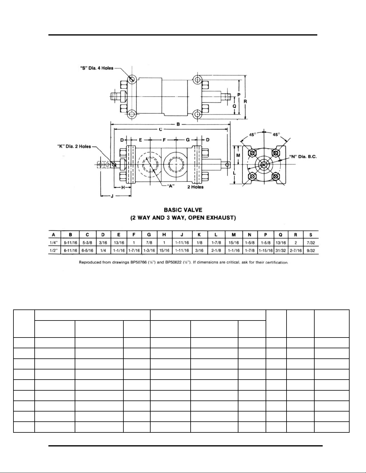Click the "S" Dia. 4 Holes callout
pyautogui.click(x=96, y=68)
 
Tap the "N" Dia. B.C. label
pyautogui.click(x=303, y=156)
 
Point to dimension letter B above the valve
pyautogui.click(x=178, y=124)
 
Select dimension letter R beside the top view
pyautogui.click(x=245, y=101)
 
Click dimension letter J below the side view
pyautogui.click(x=112, y=196)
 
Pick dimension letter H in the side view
pyautogui.click(x=123, y=187)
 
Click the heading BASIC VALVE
pyautogui.click(x=183, y=210)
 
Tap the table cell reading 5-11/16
pyautogui.click(x=71, y=243)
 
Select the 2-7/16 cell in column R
pyautogui.click(x=295, y=251)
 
